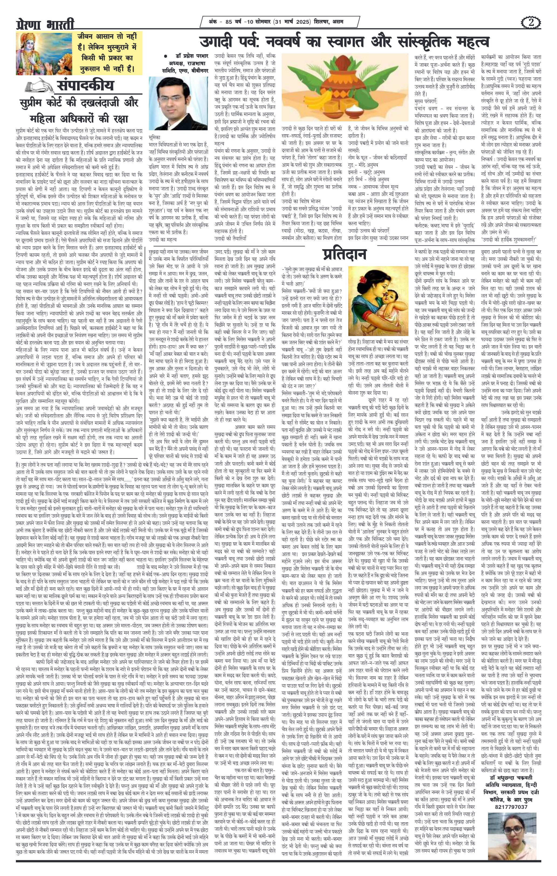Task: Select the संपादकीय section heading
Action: tap(85, 86)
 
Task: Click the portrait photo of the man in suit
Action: tap(178, 104)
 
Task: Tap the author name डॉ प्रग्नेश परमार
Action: tap(188, 56)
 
